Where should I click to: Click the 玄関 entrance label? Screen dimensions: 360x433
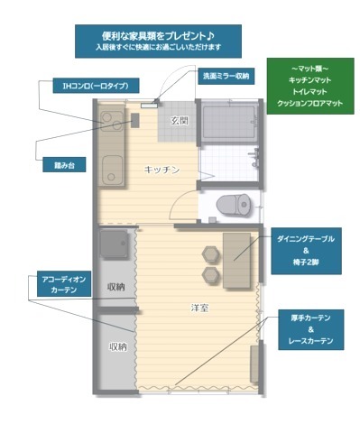180,121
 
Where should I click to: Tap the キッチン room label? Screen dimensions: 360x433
162,170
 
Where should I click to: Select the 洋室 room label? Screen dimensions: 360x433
200,308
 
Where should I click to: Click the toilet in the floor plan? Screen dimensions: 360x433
234,205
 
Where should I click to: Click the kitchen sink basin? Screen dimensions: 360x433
112,170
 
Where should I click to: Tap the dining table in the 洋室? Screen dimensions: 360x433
236,261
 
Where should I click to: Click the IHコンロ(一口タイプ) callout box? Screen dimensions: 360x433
96,86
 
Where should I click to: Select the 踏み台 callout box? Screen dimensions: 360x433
64,165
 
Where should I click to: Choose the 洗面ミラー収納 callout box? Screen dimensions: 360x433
226,76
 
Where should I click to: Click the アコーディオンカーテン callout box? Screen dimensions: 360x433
64,284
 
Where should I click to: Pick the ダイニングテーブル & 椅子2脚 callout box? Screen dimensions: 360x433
306,251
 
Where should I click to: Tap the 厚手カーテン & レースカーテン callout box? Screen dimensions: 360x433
311,329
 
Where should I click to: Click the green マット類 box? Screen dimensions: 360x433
310,86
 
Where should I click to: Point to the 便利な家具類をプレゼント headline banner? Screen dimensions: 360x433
158,41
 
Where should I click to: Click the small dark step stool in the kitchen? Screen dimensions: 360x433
135,121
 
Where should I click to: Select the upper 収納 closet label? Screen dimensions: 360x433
116,287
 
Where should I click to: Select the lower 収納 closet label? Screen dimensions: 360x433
118,347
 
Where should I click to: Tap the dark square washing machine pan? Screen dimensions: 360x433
114,244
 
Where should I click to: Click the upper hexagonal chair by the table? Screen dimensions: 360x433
210,254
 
